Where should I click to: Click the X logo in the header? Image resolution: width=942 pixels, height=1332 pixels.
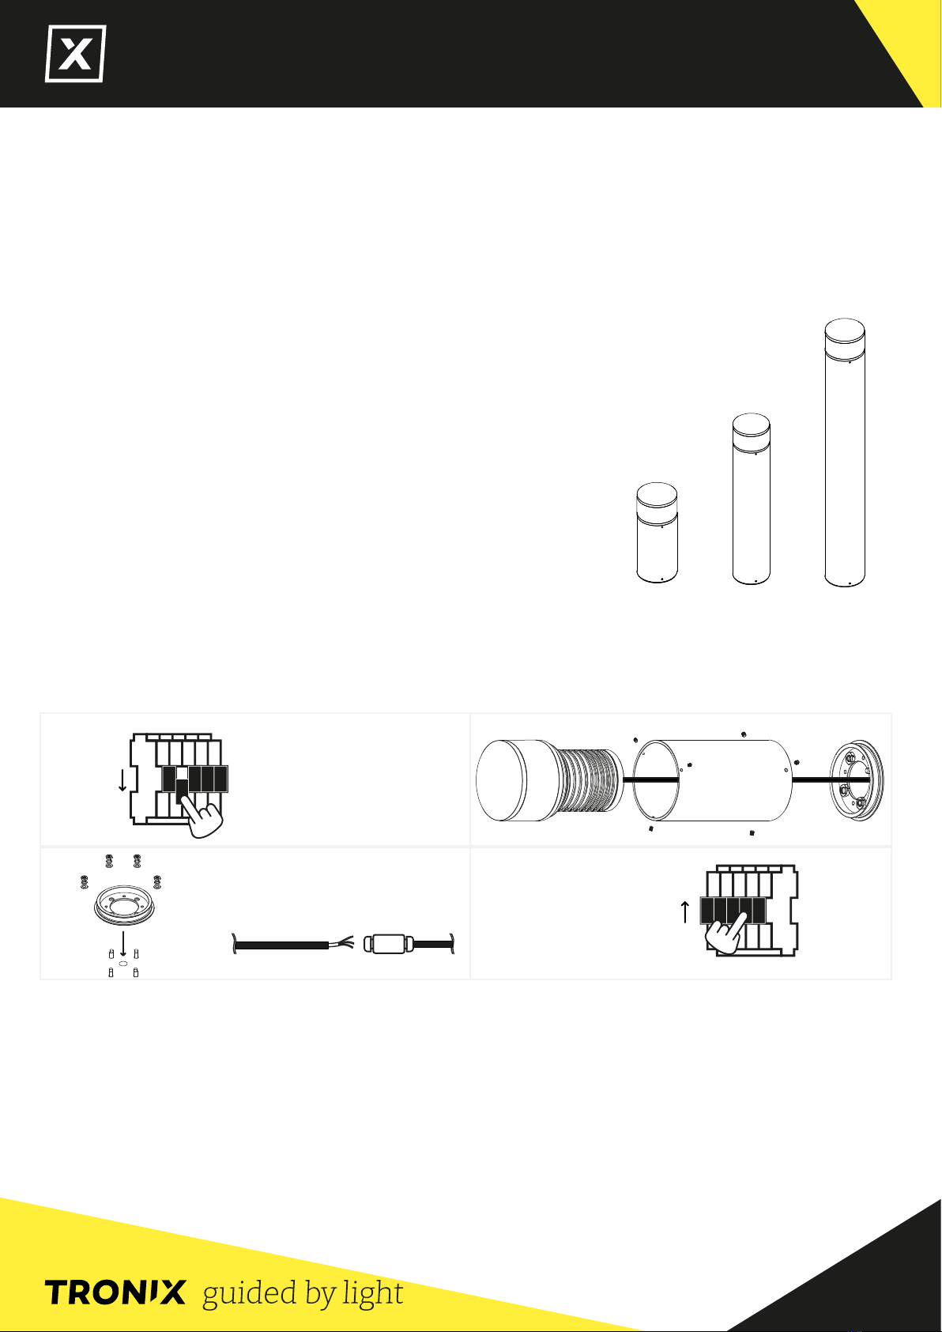pos(76,54)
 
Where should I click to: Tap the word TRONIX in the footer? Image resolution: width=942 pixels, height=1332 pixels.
pos(115,1292)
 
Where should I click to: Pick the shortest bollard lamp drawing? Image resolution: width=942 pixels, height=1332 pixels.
pos(657,533)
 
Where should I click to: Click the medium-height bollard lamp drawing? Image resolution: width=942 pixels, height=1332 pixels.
pos(752,499)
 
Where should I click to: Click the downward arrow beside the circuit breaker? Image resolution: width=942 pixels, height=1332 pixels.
pos(122,780)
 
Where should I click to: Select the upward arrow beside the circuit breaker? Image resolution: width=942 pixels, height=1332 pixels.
pos(684,911)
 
